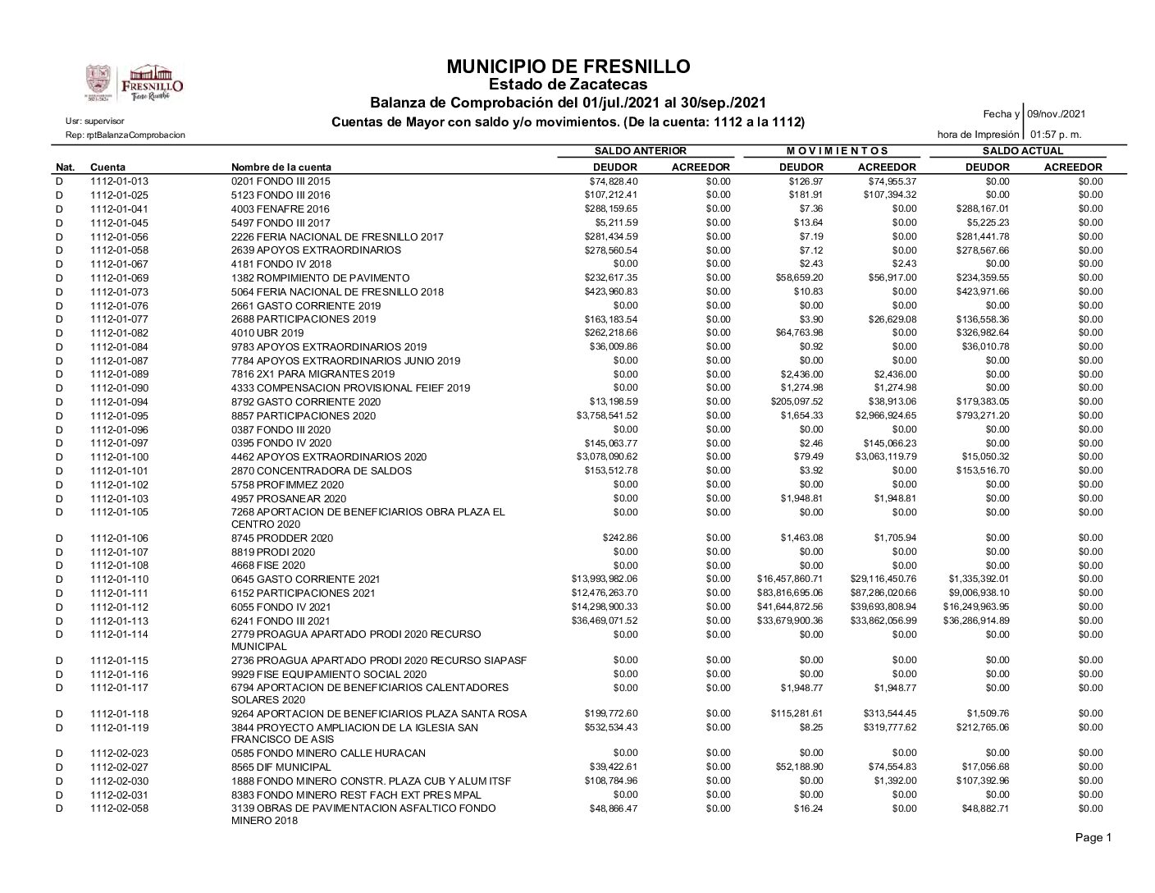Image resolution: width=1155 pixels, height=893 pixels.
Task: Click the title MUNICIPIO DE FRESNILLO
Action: click(568, 66)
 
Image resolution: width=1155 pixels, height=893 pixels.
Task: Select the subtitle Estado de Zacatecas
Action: click(568, 85)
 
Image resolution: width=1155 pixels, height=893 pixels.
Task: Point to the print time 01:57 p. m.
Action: click(1056, 134)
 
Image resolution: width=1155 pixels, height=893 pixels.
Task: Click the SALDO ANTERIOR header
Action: click(640, 151)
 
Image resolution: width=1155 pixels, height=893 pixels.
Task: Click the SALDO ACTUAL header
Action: click(1022, 151)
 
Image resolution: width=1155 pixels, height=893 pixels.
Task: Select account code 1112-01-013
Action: click(120, 181)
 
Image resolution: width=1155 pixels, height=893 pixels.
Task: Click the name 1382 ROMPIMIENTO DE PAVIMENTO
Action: click(321, 278)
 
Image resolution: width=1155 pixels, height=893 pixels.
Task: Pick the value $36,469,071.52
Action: click(604, 621)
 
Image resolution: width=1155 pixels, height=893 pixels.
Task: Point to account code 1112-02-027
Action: click(120, 767)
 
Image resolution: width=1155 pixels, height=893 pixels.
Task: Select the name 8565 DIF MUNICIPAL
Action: click(281, 767)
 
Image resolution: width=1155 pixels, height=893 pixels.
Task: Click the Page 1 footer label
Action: click(1095, 838)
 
